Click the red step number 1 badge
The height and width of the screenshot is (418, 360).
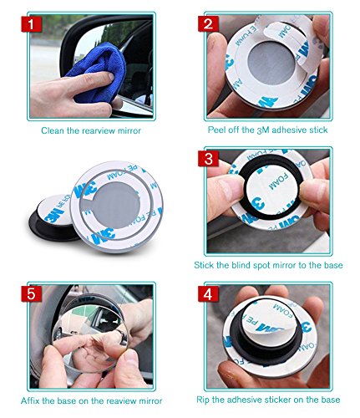pos(31,24)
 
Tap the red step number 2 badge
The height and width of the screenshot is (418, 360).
pos(208,23)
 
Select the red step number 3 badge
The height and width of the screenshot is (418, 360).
pos(208,158)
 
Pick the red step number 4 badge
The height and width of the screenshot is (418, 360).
pos(208,293)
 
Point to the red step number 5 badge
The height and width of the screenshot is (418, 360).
pos(31,293)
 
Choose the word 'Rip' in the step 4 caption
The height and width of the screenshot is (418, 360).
pos(203,400)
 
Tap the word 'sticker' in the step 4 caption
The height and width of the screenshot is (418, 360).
pos(276,400)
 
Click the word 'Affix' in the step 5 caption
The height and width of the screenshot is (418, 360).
pos(30,400)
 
